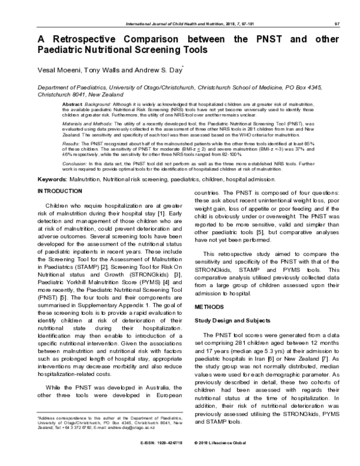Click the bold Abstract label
(x=73, y=104)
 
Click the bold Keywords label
(x=58, y=180)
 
